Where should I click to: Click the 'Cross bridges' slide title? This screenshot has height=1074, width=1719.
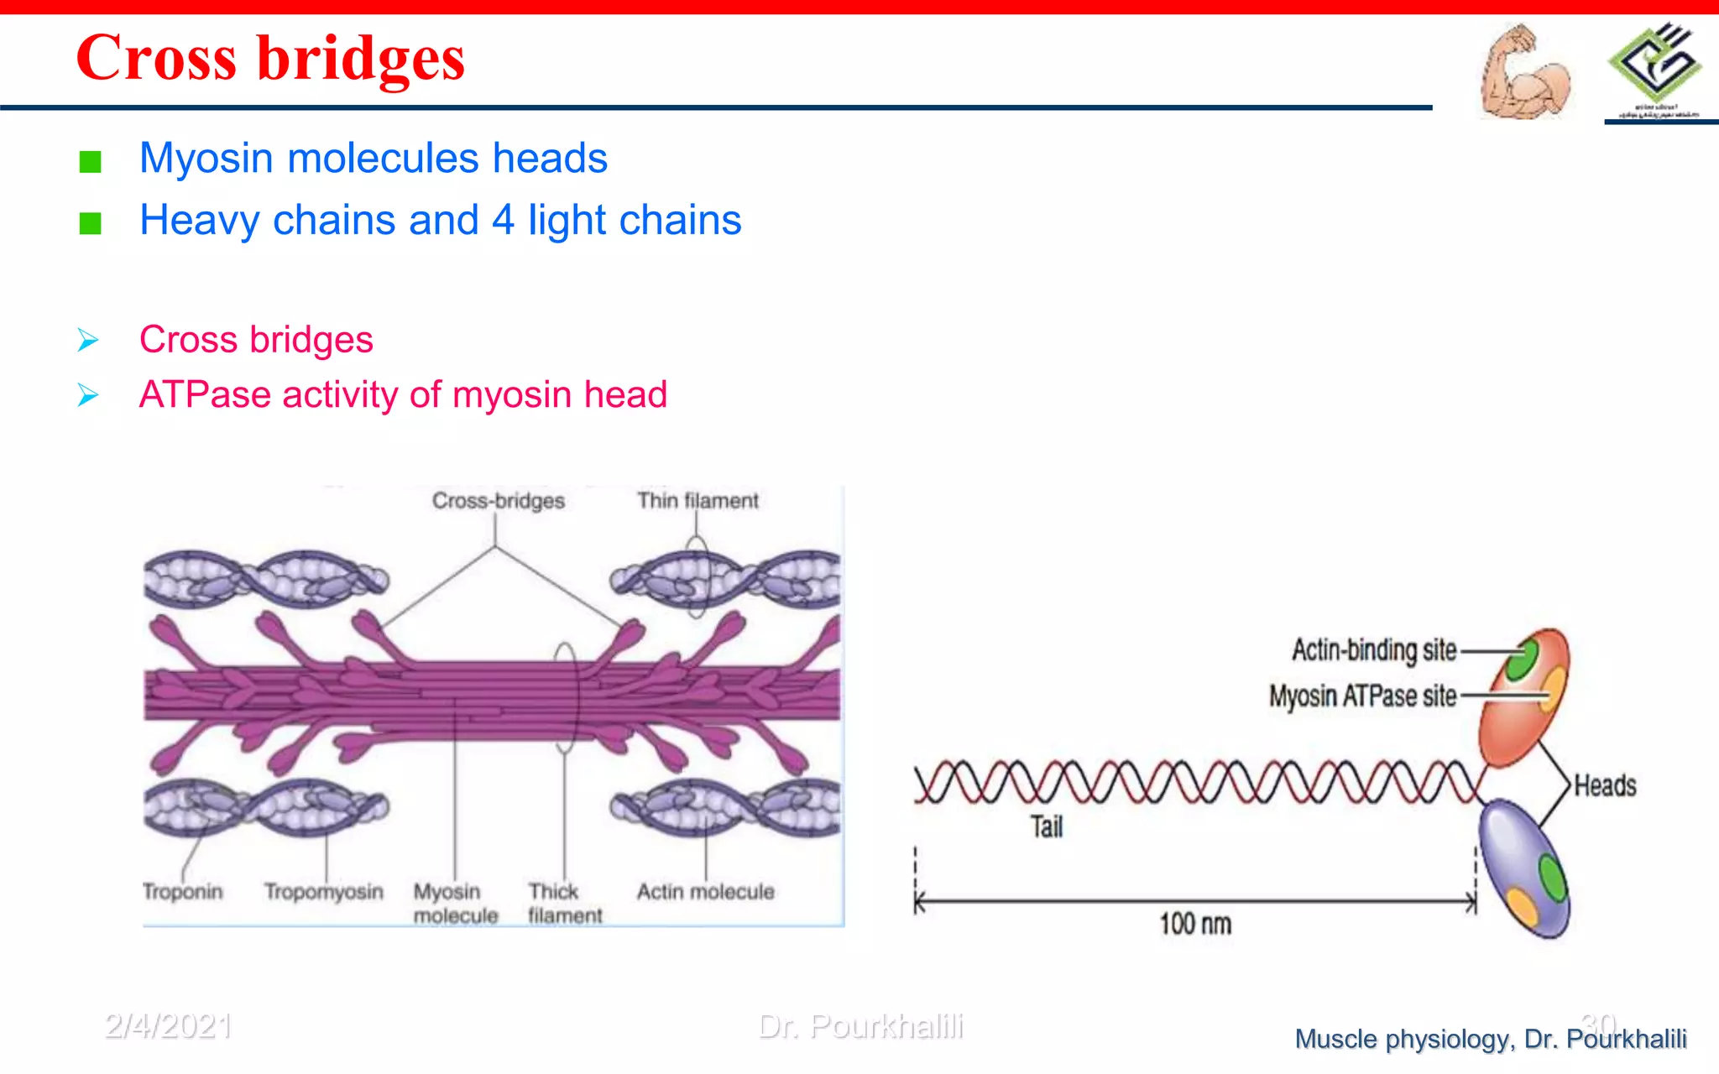(269, 59)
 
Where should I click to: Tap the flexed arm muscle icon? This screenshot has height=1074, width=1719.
(1523, 74)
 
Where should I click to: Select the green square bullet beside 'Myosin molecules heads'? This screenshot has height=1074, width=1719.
(90, 161)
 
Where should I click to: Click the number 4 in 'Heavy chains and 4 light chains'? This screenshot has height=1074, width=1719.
(503, 221)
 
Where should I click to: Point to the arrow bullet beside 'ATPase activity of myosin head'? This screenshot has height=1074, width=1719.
(88, 394)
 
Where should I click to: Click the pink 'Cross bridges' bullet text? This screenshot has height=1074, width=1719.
(256, 340)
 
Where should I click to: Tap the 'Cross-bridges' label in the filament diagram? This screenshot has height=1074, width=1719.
(498, 501)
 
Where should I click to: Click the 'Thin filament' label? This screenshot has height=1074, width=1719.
(697, 501)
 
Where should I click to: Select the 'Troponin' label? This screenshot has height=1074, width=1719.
(183, 891)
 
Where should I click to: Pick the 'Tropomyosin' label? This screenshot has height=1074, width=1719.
(324, 891)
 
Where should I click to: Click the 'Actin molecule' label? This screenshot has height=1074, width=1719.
(705, 891)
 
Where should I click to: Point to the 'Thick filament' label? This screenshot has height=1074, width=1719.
(564, 903)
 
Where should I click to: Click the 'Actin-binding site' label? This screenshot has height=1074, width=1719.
(1374, 650)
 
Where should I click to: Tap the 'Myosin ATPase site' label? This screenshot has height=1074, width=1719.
(1362, 696)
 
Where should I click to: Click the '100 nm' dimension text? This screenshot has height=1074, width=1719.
(1195, 925)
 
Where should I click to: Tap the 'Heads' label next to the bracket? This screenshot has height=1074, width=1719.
(1605, 786)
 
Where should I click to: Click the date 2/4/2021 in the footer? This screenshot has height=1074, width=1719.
(168, 1026)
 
